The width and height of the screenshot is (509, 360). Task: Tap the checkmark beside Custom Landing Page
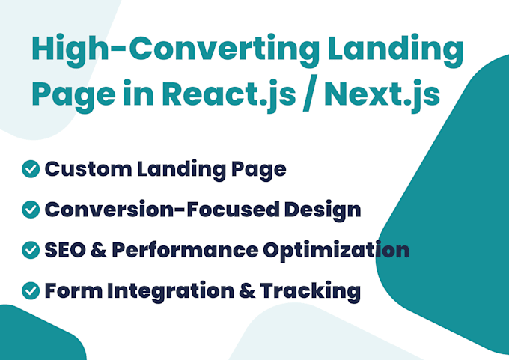(x=31, y=169)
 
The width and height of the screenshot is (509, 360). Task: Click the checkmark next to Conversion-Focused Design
(x=31, y=210)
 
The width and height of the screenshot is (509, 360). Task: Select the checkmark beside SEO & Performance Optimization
(x=31, y=250)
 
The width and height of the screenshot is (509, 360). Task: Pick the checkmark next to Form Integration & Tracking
(x=31, y=290)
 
